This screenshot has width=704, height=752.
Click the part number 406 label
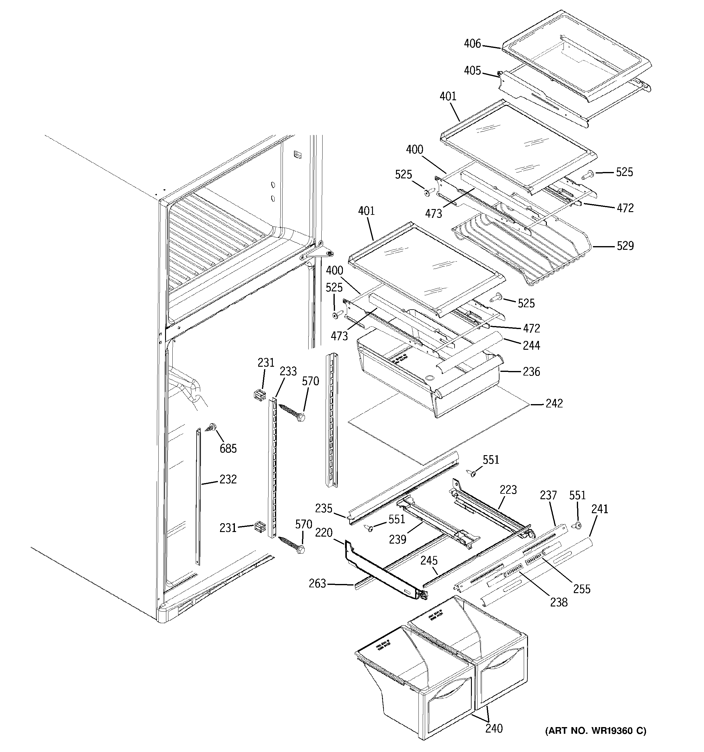(x=472, y=44)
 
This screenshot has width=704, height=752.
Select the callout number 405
(x=472, y=71)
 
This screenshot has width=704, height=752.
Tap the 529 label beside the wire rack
(x=625, y=246)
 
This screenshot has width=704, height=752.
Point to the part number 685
(x=228, y=449)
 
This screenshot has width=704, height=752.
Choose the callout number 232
(x=228, y=479)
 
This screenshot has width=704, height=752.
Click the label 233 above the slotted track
(x=288, y=371)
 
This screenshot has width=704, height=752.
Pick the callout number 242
(x=554, y=403)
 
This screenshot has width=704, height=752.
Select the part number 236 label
(x=531, y=372)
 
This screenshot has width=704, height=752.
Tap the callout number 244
(x=531, y=345)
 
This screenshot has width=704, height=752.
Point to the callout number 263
(x=317, y=584)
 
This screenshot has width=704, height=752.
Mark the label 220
(x=324, y=533)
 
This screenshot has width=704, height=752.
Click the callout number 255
(x=582, y=589)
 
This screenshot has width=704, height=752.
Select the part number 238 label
(x=559, y=602)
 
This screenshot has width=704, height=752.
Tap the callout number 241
(x=600, y=509)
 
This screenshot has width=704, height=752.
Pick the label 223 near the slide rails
(x=508, y=490)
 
